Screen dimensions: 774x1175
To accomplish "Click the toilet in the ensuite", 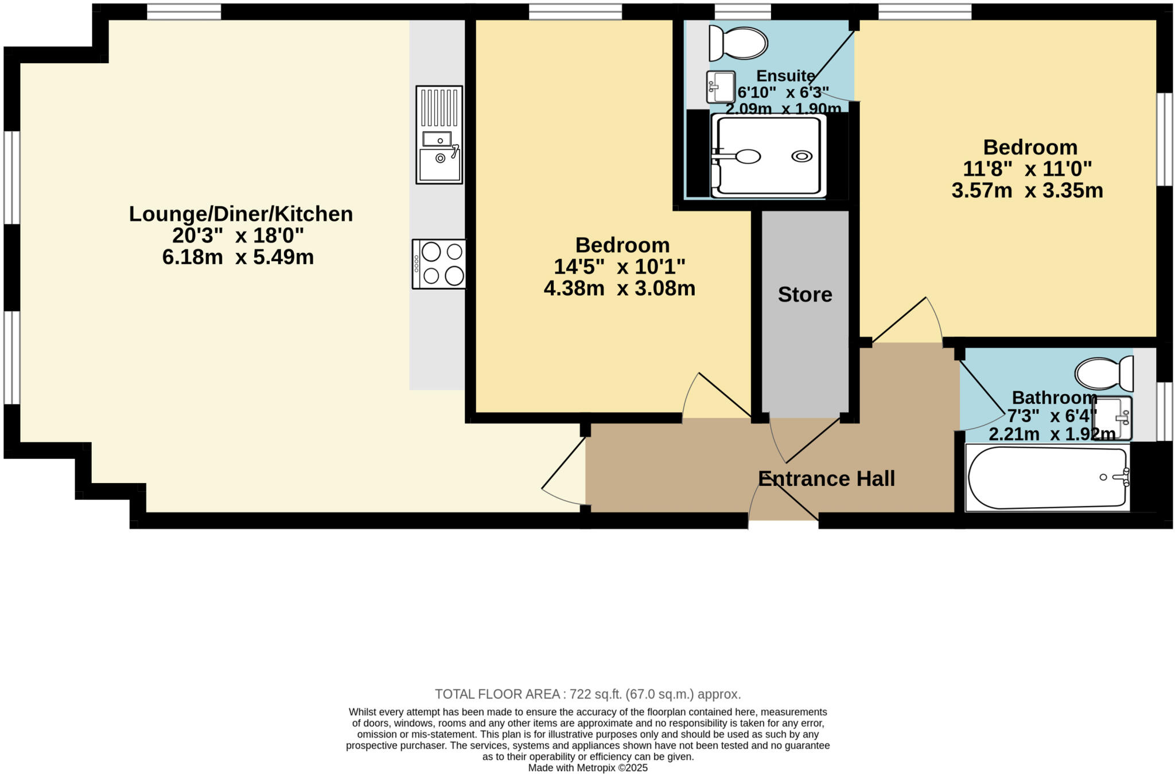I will tap(738, 43).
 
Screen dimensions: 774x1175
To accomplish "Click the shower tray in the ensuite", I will tap(768, 156).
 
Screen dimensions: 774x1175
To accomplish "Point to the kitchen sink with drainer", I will tap(439, 135).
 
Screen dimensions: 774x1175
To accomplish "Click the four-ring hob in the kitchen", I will tap(439, 264).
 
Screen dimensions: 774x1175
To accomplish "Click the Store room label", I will tap(804, 294).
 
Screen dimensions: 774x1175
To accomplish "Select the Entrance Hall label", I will tap(826, 479).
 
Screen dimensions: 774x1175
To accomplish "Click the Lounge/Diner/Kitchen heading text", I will tap(240, 214).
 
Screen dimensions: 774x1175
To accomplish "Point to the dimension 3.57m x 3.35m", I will tap(1027, 190).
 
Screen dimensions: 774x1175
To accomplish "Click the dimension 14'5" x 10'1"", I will tap(619, 266).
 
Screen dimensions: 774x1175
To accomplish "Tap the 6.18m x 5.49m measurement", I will tap(238, 257).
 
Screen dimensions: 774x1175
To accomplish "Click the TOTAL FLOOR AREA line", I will tap(587, 694).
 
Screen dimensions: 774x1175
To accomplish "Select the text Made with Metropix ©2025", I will tap(587, 768).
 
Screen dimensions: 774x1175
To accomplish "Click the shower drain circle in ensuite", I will tap(802, 156).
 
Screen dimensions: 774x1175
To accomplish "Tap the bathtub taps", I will tap(1122, 477).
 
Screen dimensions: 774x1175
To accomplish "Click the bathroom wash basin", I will tap(1115, 418).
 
